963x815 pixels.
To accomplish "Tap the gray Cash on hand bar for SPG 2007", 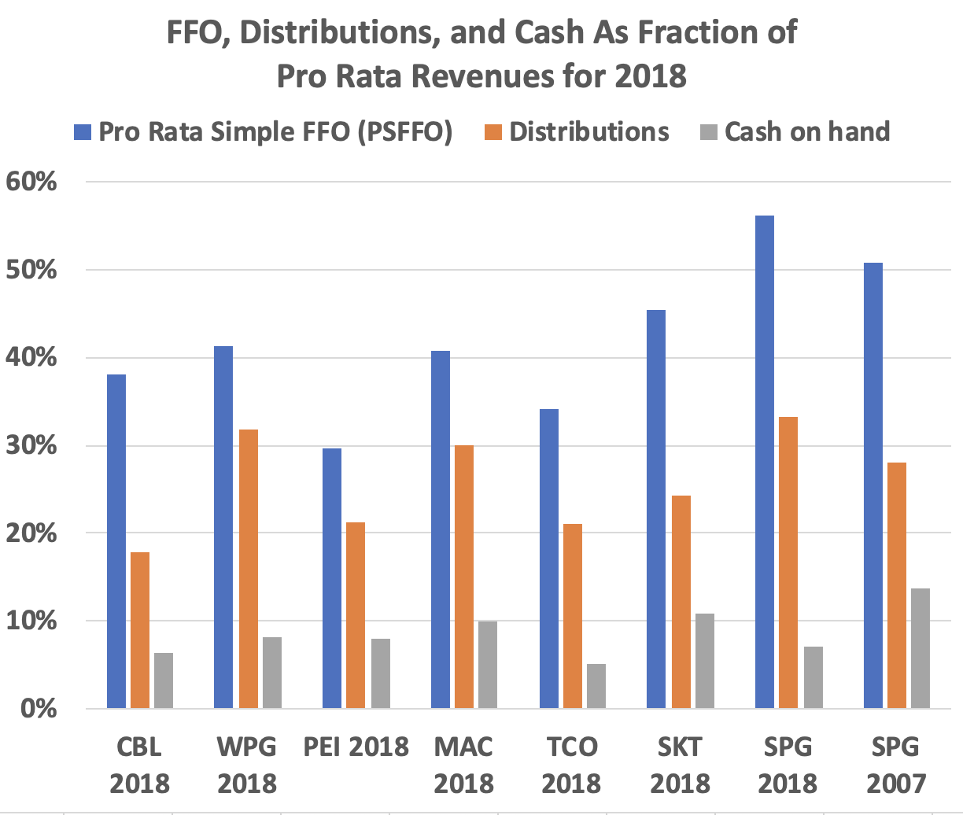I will (x=919, y=648).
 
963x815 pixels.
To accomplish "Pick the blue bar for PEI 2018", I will (x=332, y=578).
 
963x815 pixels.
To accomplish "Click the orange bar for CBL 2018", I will (x=140, y=630).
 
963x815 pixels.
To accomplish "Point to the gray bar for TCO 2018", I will (x=596, y=686).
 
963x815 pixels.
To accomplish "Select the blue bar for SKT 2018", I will (x=655, y=509).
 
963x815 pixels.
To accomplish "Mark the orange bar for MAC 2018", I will (x=464, y=577).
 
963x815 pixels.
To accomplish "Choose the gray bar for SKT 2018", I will (x=703, y=661).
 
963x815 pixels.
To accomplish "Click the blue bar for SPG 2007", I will (x=873, y=485).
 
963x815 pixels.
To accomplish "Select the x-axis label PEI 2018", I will (x=356, y=746).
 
